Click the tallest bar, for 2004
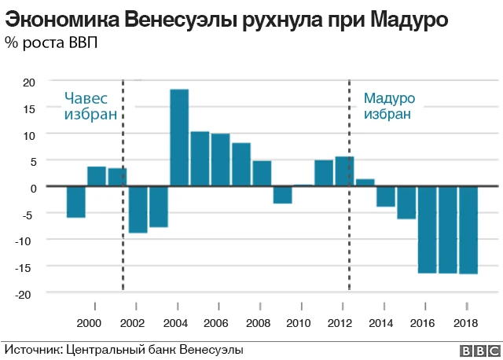tap(179, 138)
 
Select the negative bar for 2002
tap(138, 210)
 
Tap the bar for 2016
tap(428, 230)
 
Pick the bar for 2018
tap(468, 230)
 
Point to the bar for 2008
tap(262, 174)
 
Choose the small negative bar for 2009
tap(283, 195)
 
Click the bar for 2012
tap(344, 171)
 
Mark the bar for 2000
tap(97, 177)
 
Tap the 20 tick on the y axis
tap(28, 82)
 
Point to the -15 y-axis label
tap(27, 267)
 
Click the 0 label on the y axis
tap(32, 188)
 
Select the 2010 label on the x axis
tap(299, 323)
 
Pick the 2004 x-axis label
tap(174, 323)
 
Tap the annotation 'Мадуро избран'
tap(388, 106)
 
